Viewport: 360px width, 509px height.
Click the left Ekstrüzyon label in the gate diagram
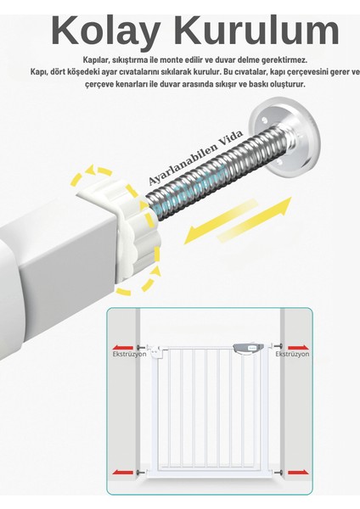click(130, 355)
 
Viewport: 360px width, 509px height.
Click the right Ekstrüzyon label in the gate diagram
click(292, 355)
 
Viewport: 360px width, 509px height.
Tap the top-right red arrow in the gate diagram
click(298, 346)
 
